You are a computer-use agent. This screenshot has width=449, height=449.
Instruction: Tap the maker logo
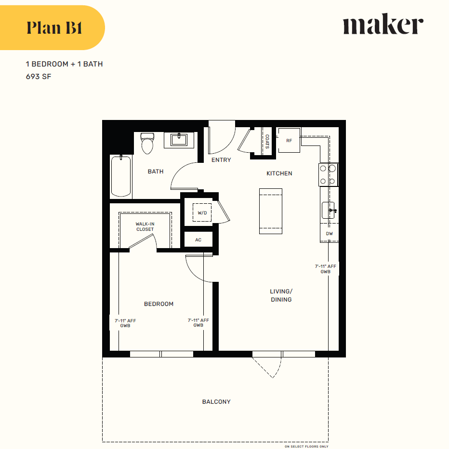tap(383, 26)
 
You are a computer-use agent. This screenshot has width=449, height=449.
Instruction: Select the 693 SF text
tap(39, 76)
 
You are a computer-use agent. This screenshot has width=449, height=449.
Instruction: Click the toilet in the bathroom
tap(147, 143)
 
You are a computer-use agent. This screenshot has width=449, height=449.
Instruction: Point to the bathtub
tap(121, 176)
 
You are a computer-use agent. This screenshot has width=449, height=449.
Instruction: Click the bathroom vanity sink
tap(180, 140)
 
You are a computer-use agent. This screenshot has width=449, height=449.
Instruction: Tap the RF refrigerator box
tap(289, 141)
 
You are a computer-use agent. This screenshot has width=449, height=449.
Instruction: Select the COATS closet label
tap(267, 141)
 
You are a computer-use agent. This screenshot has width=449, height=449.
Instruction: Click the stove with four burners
tap(328, 175)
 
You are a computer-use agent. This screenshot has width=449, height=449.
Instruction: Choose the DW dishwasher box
tap(330, 234)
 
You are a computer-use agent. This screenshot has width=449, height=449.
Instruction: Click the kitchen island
tap(270, 211)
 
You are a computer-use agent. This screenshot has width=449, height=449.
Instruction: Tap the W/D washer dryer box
tap(202, 212)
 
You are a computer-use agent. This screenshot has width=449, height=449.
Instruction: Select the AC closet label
tap(198, 239)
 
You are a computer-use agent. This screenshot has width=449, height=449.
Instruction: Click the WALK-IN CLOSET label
tap(145, 226)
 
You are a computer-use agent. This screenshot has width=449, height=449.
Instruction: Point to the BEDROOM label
tap(158, 304)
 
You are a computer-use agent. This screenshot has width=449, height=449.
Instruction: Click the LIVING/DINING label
tap(281, 295)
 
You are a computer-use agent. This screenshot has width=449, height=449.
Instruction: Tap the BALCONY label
tap(216, 401)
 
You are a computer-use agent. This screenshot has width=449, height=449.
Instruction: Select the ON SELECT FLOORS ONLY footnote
tap(306, 446)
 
